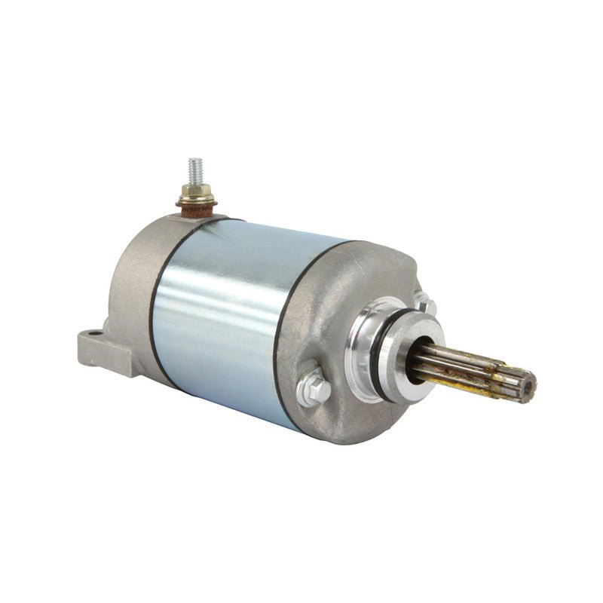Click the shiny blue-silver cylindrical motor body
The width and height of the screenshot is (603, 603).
tap(226, 317)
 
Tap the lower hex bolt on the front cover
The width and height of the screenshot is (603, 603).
tap(313, 386)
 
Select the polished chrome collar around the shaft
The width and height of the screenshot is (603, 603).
tap(377, 347)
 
